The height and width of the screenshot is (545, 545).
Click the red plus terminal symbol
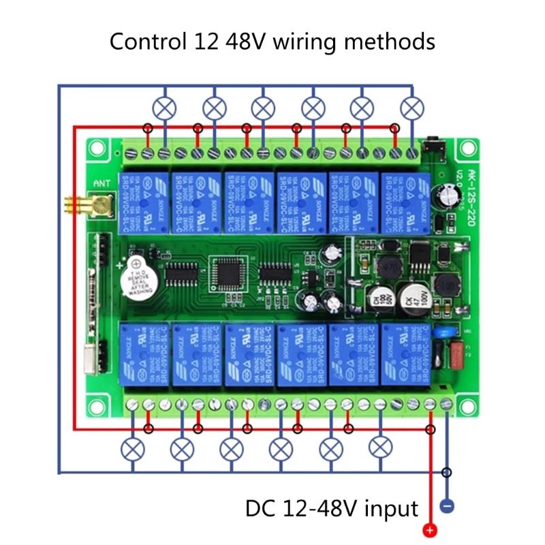(429, 531)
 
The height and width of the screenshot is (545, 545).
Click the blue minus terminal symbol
(448, 507)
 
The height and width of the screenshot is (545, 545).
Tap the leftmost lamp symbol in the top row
(164, 107)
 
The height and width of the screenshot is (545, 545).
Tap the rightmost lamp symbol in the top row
(412, 107)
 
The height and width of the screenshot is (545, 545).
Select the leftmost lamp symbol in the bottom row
(131, 448)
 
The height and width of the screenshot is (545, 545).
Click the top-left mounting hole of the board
(96, 147)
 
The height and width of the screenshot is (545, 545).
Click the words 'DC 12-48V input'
(332, 508)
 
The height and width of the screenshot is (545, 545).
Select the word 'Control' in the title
(146, 42)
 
